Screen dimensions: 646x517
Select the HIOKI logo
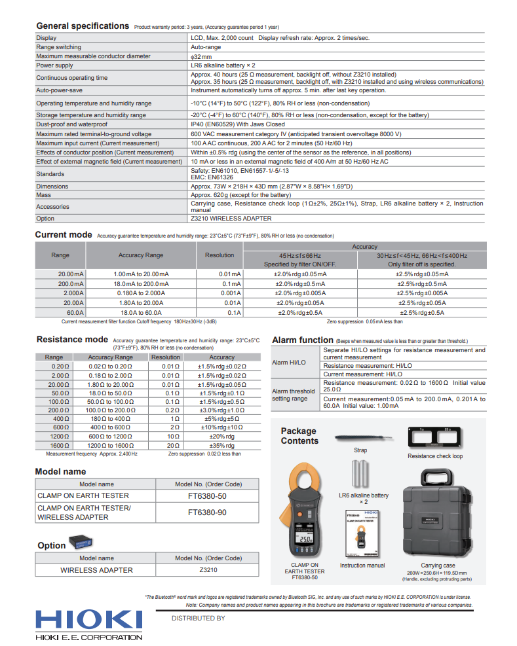88,621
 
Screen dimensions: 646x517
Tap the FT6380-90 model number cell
207,512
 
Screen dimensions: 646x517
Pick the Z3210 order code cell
208,570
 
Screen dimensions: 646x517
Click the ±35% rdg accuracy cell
221,445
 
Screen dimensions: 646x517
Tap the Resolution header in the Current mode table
219,255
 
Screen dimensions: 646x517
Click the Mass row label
45,195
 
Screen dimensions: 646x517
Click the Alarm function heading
302,340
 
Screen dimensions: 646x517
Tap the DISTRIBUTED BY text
198,618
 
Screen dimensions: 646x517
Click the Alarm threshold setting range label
294,395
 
